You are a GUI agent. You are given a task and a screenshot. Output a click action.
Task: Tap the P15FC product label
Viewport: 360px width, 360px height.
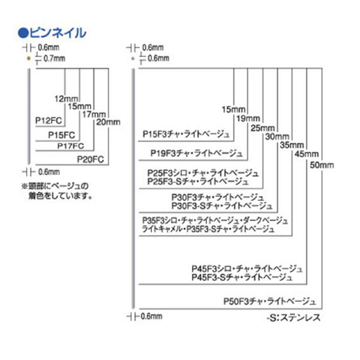point(61,135)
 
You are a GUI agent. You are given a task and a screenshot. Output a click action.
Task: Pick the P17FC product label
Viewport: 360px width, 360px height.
point(70,146)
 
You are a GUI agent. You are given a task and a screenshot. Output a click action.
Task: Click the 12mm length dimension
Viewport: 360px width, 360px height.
point(66,98)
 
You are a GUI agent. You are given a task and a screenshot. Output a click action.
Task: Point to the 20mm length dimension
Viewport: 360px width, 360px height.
point(109,122)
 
